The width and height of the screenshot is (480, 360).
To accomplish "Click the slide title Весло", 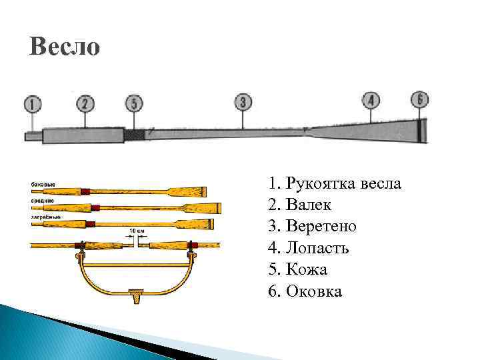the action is pyautogui.click(x=65, y=47).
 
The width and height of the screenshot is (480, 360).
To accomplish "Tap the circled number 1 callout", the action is pyautogui.click(x=32, y=104).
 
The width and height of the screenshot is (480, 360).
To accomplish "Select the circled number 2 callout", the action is pyautogui.click(x=85, y=103).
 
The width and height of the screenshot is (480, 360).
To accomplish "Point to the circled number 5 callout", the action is pyautogui.click(x=134, y=103).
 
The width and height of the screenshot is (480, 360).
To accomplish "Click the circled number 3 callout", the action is pyautogui.click(x=243, y=102).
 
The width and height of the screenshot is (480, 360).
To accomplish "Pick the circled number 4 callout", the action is pyautogui.click(x=371, y=101).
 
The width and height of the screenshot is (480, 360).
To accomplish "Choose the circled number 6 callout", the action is pyautogui.click(x=419, y=99).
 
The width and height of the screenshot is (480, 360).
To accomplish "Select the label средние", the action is pyautogui.click(x=42, y=199).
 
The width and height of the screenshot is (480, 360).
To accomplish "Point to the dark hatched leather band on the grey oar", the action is pyautogui.click(x=134, y=135).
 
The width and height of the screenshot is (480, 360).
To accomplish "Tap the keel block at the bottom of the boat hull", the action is pyautogui.click(x=137, y=293).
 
